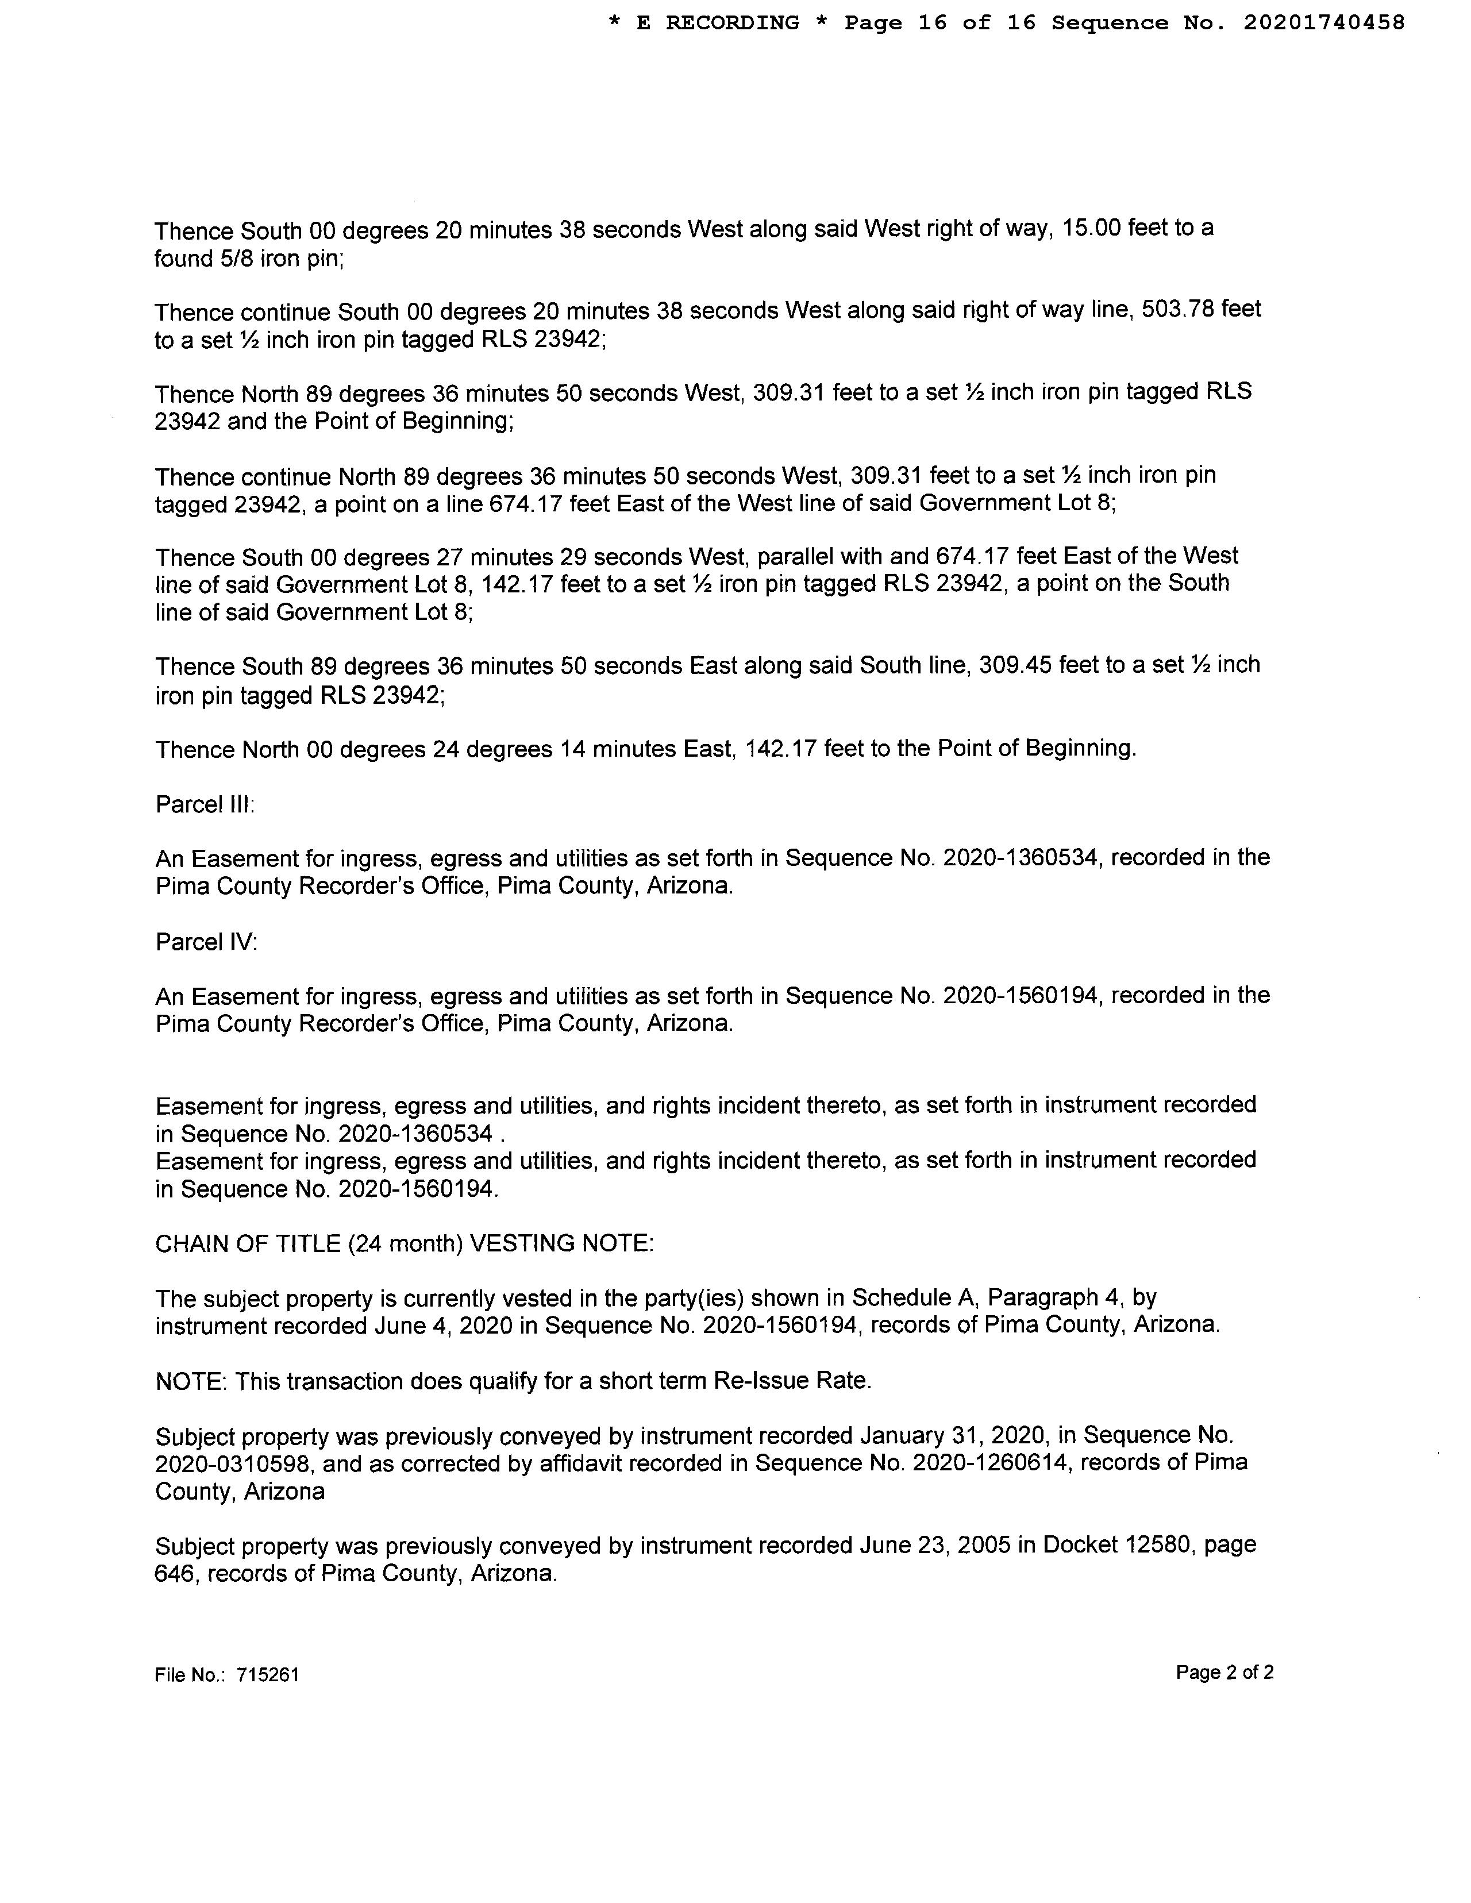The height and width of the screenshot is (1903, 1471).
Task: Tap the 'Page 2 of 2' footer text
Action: coord(1224,1672)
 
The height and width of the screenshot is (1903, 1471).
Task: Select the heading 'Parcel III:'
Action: coord(205,804)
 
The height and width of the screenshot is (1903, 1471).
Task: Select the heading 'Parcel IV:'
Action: coord(206,942)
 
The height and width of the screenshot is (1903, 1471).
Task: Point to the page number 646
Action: coord(174,1574)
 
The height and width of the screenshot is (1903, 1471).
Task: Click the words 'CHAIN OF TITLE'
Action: coord(248,1243)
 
